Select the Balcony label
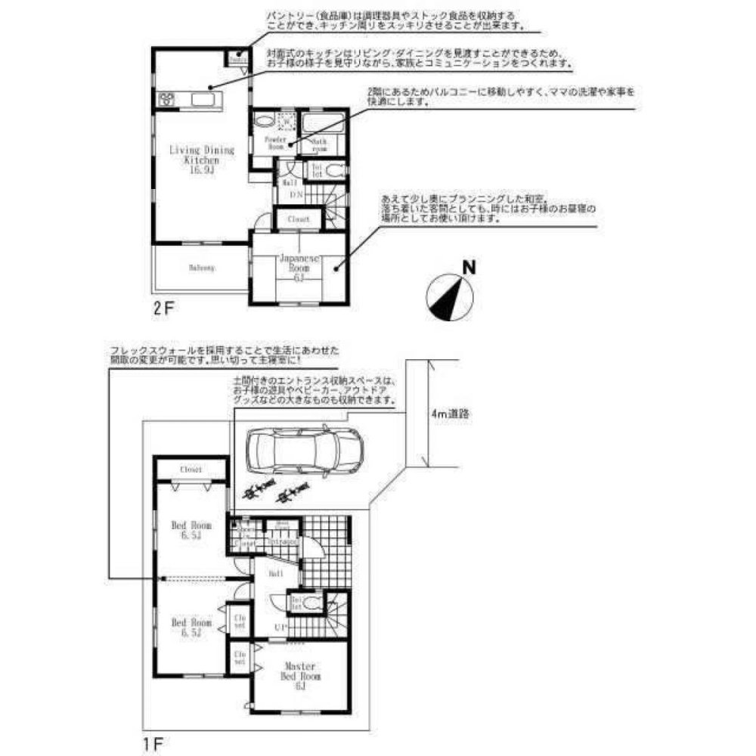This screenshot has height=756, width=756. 201,268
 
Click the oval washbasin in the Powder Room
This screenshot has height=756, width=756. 262,121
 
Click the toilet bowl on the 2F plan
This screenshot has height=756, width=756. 335,169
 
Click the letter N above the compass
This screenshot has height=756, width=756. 469,267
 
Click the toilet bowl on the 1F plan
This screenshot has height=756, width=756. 312,603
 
